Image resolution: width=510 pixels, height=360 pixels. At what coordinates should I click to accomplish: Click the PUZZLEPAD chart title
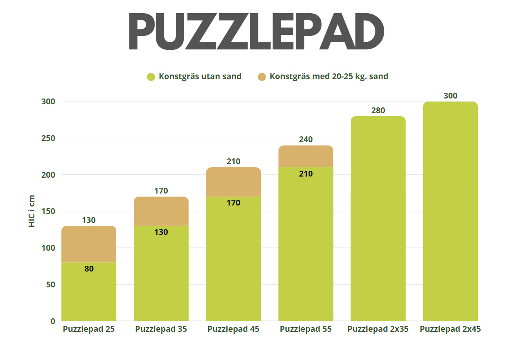[256, 32]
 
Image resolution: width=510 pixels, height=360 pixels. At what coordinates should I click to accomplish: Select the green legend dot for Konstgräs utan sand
[151, 77]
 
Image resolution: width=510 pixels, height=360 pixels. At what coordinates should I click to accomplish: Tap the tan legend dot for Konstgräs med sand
[262, 77]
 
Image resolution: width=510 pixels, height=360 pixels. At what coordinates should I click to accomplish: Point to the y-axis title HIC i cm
[32, 211]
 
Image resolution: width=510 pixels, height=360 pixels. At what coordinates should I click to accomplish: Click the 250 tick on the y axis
[48, 138]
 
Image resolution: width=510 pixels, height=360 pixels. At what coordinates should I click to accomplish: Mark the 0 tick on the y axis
[53, 321]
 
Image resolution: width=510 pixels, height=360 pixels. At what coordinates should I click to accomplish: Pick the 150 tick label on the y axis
[48, 211]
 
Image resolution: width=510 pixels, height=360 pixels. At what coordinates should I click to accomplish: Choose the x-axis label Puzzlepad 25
[89, 329]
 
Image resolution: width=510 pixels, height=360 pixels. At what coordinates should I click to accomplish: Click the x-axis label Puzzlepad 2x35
[378, 329]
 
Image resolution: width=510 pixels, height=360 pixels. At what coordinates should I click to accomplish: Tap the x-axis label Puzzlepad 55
[306, 329]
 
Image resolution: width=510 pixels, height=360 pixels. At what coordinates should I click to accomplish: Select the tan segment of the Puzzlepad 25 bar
[89, 244]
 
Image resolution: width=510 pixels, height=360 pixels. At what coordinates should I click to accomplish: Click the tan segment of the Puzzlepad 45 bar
[233, 182]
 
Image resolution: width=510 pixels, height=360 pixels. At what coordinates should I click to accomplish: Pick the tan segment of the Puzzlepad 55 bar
[306, 156]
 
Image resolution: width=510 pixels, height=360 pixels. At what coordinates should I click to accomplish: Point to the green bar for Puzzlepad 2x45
[450, 212]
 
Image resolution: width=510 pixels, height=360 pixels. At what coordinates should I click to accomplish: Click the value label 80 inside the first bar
[89, 269]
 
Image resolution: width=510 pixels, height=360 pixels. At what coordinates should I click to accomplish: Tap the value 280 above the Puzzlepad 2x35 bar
[378, 110]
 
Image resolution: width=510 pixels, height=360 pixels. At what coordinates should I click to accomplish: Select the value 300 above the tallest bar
[450, 96]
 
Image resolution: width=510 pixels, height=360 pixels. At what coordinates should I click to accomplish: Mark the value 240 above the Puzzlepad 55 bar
[306, 139]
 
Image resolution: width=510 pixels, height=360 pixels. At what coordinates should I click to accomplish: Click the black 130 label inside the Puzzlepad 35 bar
[161, 232]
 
